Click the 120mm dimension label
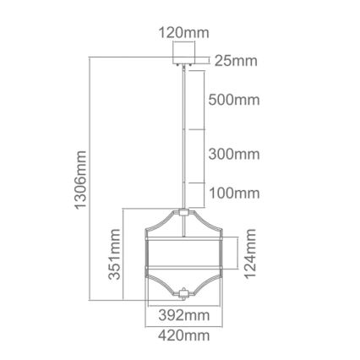[x=184, y=34]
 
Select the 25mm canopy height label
[x=235, y=61]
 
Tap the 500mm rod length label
[x=233, y=100]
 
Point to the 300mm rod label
[x=233, y=155]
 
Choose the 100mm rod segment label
[x=233, y=193]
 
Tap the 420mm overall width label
[x=184, y=336]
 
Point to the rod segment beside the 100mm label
[x=184, y=193]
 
